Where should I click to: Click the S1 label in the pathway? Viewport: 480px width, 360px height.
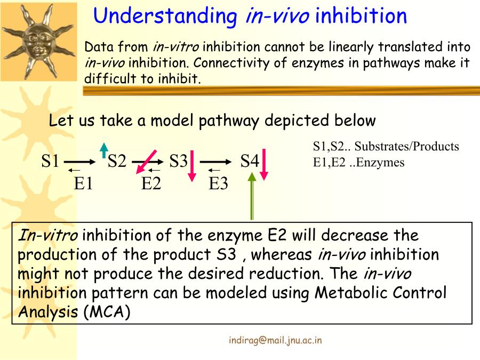click(50, 161)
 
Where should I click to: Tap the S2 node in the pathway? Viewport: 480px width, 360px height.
click(117, 161)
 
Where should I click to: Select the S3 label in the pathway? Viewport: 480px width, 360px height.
click(179, 161)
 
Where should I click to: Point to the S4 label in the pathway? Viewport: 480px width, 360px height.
click(250, 161)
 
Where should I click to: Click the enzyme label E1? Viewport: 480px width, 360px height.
click(84, 183)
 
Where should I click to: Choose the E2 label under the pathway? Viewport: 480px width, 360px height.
click(151, 183)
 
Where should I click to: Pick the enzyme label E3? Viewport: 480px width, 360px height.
click(218, 183)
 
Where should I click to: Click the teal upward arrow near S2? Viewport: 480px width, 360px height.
click(105, 150)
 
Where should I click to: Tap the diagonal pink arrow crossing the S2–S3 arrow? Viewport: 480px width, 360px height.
click(146, 162)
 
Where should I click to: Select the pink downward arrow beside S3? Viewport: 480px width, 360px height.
click(192, 166)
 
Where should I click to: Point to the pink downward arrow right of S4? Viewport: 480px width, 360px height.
click(264, 164)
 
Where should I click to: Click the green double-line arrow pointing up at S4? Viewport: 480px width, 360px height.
click(252, 196)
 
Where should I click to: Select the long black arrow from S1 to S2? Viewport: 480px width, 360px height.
click(79, 162)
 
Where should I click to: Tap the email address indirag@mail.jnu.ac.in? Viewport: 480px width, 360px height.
click(275, 340)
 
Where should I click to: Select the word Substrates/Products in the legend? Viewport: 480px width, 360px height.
click(406, 146)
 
